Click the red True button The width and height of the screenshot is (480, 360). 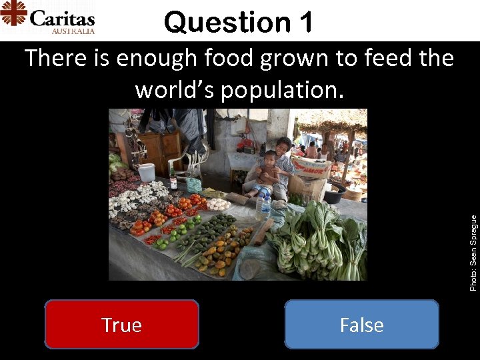coord(121,325)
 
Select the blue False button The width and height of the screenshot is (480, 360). coord(361,325)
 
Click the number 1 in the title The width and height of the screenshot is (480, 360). coord(305,22)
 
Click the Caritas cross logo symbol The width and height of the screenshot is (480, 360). coord(13,13)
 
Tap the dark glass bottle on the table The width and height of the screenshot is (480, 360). coord(173,179)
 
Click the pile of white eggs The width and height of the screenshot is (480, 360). coord(218,204)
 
